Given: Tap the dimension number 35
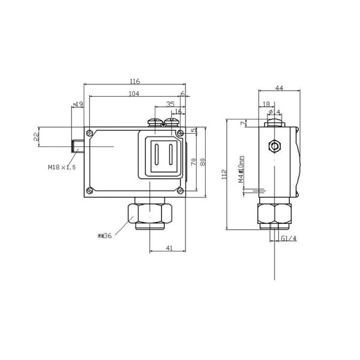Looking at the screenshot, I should click(x=170, y=104).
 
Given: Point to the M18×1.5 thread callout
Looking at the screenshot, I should click(x=62, y=167).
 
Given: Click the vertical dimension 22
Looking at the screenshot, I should click(x=37, y=137).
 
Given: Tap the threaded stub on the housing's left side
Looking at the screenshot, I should click(x=77, y=146).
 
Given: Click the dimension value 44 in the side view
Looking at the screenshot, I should click(x=278, y=88).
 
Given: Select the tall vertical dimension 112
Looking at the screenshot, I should click(x=224, y=174).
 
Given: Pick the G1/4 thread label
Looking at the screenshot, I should click(x=289, y=239).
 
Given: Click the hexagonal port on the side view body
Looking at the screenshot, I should click(x=275, y=146).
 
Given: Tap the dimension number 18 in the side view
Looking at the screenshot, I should click(x=266, y=104).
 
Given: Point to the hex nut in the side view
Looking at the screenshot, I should click(x=274, y=213).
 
